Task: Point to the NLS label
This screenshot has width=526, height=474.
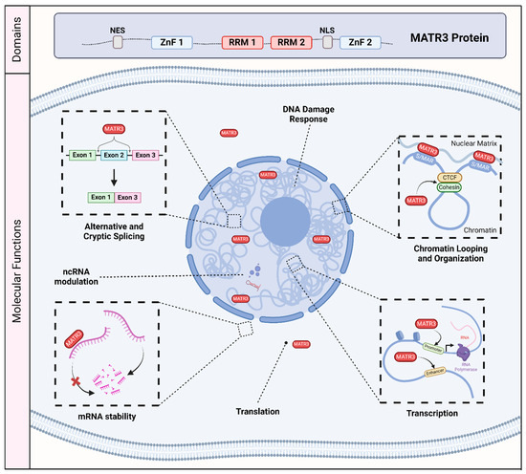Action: (336, 29)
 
